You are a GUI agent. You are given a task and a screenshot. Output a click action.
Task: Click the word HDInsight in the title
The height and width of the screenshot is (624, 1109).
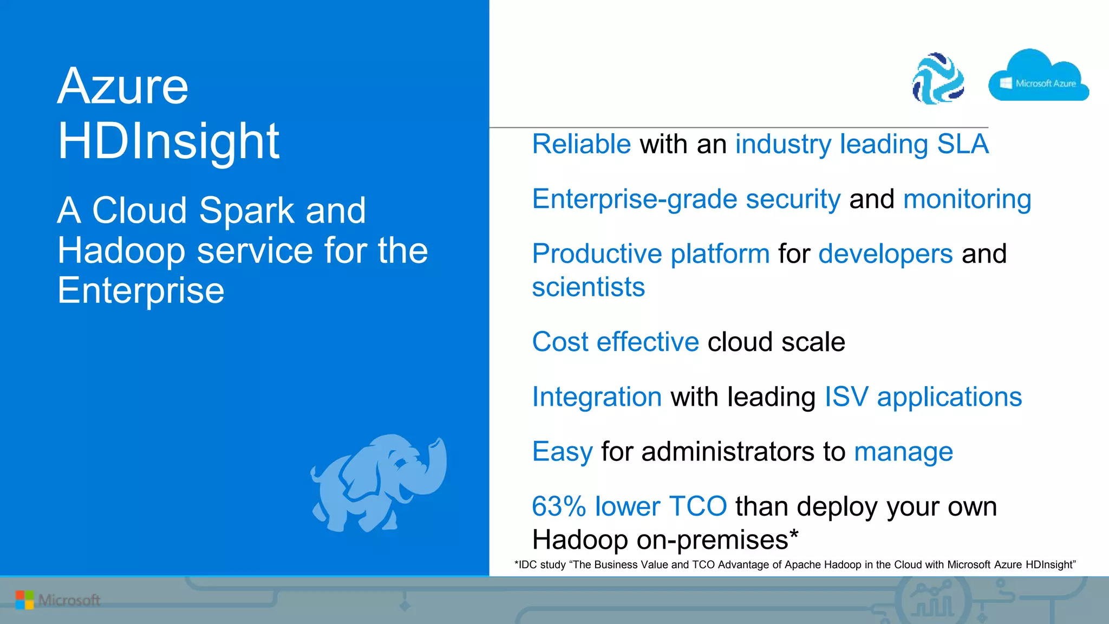pos(168,142)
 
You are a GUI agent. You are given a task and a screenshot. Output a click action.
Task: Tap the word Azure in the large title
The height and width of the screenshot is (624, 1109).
pos(123,87)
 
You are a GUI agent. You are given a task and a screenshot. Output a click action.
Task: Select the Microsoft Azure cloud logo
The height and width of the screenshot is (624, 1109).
pos(1038,77)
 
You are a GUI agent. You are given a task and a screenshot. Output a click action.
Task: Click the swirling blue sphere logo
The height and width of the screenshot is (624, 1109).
pos(938,79)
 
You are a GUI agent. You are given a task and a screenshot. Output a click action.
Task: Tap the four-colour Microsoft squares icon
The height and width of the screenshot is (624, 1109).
pos(24,600)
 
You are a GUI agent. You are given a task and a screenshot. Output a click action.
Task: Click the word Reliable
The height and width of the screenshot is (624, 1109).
pos(581,145)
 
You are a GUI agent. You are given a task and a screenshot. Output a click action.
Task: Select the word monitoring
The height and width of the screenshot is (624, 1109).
pos(967,199)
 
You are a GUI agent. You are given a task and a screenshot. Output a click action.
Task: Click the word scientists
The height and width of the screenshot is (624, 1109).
pos(588,287)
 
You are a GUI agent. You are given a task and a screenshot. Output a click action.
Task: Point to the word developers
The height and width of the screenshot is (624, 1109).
pos(885,254)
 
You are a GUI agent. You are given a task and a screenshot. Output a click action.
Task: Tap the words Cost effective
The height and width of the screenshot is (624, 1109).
pos(615,342)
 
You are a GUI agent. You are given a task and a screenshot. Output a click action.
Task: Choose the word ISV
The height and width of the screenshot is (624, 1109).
pos(846,397)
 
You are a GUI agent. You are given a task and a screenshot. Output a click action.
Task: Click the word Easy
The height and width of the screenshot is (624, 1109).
pos(562,452)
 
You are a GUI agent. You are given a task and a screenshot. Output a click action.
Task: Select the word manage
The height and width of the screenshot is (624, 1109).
pos(903,452)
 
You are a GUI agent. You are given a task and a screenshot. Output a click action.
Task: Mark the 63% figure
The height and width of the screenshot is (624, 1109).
pos(558,507)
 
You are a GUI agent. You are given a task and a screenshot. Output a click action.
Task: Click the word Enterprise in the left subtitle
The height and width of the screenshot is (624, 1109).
pos(141,291)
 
